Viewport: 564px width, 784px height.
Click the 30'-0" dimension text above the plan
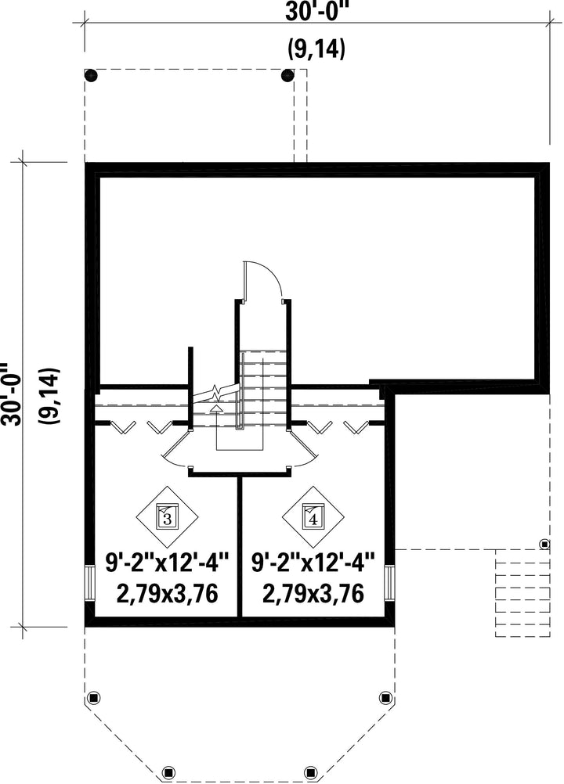click(316, 12)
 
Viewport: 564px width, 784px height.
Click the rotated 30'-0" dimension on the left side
click(11, 395)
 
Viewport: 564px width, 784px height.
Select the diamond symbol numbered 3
click(167, 517)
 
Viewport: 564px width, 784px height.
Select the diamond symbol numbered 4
click(313, 517)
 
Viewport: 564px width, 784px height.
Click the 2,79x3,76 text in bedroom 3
click(167, 594)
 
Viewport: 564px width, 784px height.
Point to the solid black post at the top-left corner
click(91, 75)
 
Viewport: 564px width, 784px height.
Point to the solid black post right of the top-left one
click(287, 75)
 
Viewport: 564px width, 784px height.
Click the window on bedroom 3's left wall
click(89, 582)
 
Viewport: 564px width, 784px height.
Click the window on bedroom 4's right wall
click(390, 582)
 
